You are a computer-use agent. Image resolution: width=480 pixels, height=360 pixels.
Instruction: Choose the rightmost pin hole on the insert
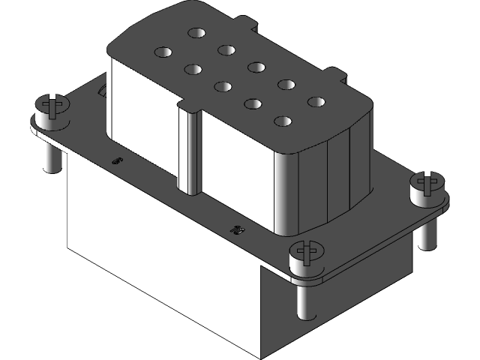316,101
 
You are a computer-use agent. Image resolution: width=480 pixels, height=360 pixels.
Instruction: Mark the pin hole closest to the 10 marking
283,120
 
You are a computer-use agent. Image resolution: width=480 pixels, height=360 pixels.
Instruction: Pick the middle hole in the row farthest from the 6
257,67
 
